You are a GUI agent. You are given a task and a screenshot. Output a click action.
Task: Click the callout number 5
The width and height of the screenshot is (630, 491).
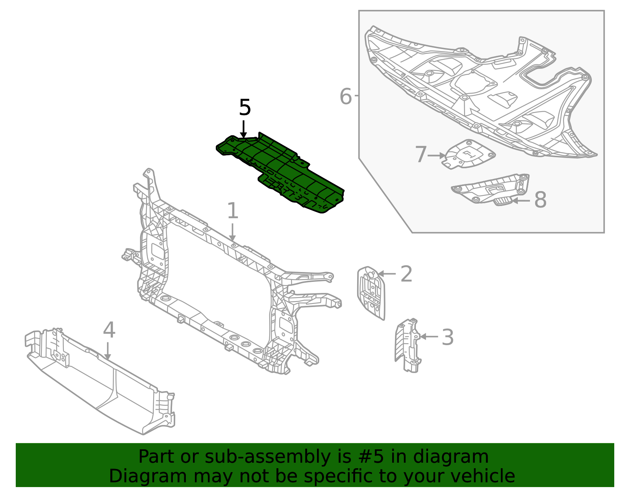coord(245,108)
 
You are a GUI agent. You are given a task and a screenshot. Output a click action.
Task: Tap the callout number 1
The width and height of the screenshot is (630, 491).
coord(233,211)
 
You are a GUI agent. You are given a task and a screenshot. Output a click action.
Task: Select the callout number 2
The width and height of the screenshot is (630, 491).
coord(406,274)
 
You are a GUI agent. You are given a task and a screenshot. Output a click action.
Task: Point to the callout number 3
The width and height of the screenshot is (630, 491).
coord(448,337)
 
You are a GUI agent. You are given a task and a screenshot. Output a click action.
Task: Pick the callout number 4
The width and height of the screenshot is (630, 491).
coord(109,330)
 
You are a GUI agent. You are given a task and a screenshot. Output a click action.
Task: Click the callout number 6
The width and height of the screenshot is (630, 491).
coord(345,97)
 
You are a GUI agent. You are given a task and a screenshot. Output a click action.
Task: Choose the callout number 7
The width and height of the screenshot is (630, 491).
coord(421,154)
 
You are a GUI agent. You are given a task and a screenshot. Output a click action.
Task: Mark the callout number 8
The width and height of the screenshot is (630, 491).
coord(540,200)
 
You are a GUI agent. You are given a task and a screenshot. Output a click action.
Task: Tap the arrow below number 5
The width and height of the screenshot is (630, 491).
coord(244,129)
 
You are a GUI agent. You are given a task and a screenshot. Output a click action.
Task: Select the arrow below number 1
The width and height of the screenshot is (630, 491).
coord(233,232)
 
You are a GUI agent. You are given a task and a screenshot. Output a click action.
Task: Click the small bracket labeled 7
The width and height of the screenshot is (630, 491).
coord(469,154)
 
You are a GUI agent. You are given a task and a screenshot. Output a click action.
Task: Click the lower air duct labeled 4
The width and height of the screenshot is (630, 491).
coord(98,381)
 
